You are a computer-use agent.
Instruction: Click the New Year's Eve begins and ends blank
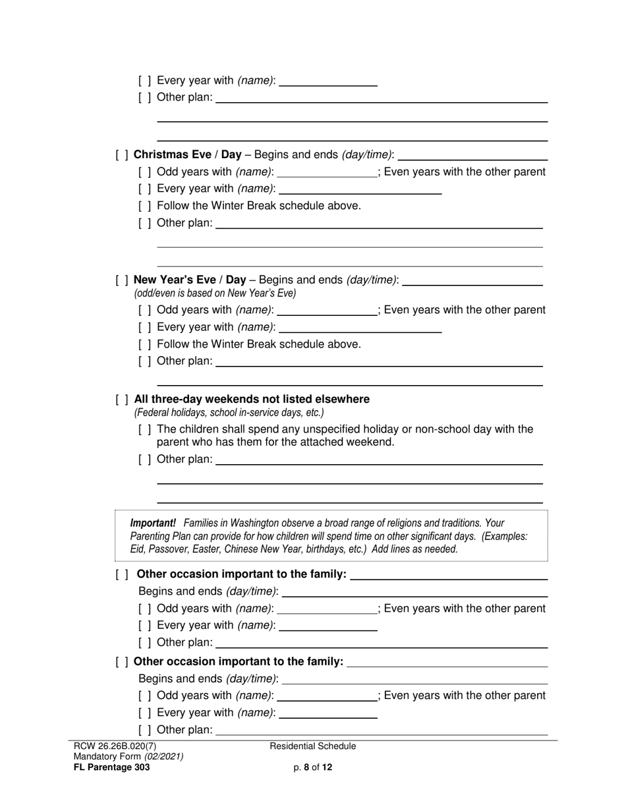pyautogui.click(x=472, y=282)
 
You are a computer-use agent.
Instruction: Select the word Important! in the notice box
pyautogui.click(x=153, y=524)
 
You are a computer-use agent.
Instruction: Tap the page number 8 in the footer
pyautogui.click(x=306, y=767)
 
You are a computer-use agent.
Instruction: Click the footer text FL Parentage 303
pyautogui.click(x=112, y=767)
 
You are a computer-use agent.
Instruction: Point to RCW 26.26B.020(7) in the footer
pyautogui.click(x=115, y=746)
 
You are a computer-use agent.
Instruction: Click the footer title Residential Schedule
pyautogui.click(x=313, y=746)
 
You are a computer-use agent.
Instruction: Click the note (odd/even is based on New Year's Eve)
pyautogui.click(x=215, y=293)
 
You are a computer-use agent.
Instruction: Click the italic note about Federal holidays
pyautogui.click(x=229, y=413)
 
